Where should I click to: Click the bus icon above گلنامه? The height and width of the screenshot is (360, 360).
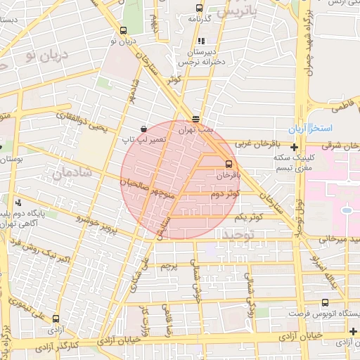(x=200, y=8)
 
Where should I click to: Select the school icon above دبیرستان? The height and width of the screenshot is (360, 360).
(x=202, y=41)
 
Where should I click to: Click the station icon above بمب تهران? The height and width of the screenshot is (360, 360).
(x=195, y=119)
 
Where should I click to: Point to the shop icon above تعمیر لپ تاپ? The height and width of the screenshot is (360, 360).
(x=144, y=129)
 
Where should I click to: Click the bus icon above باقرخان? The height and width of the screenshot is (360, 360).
(x=227, y=164)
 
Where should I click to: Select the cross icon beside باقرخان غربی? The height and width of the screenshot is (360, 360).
(x=294, y=147)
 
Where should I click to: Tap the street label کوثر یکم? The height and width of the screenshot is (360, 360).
(x=251, y=218)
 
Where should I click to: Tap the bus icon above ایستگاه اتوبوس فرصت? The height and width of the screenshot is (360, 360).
(x=324, y=303)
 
